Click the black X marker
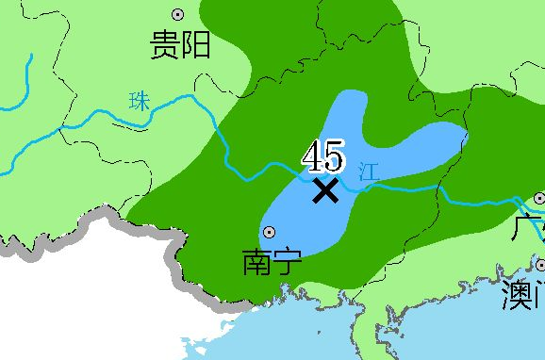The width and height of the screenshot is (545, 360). [x=325, y=190]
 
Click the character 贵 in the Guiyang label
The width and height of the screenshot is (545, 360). [x=167, y=44]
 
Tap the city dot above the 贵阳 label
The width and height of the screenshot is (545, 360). [x=177, y=14]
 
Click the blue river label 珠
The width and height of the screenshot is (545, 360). [x=140, y=101]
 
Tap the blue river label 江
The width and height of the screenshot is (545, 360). [x=369, y=172]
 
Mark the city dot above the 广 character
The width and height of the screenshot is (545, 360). [x=539, y=199]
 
